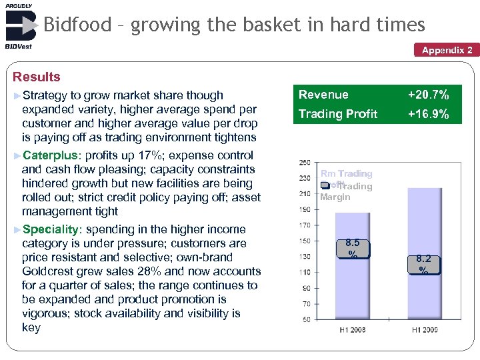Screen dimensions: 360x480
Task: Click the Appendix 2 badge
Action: tap(447, 50)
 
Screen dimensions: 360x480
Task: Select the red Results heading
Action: tap(37, 77)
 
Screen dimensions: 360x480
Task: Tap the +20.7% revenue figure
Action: tap(428, 95)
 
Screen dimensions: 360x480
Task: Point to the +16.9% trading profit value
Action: tap(428, 114)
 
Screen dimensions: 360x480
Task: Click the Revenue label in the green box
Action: tap(323, 95)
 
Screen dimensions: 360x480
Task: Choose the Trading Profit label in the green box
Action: tap(338, 114)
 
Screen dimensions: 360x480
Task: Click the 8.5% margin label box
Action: tap(353, 249)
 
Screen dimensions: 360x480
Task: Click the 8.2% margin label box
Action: tap(423, 263)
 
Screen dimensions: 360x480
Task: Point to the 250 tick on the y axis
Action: tap(304, 163)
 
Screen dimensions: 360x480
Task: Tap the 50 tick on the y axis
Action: tap(306, 319)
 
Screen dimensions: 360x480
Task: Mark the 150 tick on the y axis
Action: tap(304, 241)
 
